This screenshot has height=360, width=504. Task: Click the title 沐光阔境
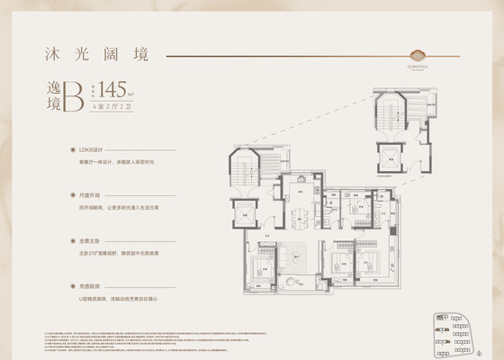tap(90, 54)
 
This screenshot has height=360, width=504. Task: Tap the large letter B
tap(97, 93)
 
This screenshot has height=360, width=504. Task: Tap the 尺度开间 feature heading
tap(94, 194)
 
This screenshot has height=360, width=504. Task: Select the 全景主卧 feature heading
tap(94, 240)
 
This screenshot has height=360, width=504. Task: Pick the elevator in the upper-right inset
tap(391, 157)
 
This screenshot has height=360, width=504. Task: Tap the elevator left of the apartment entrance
tap(246, 214)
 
